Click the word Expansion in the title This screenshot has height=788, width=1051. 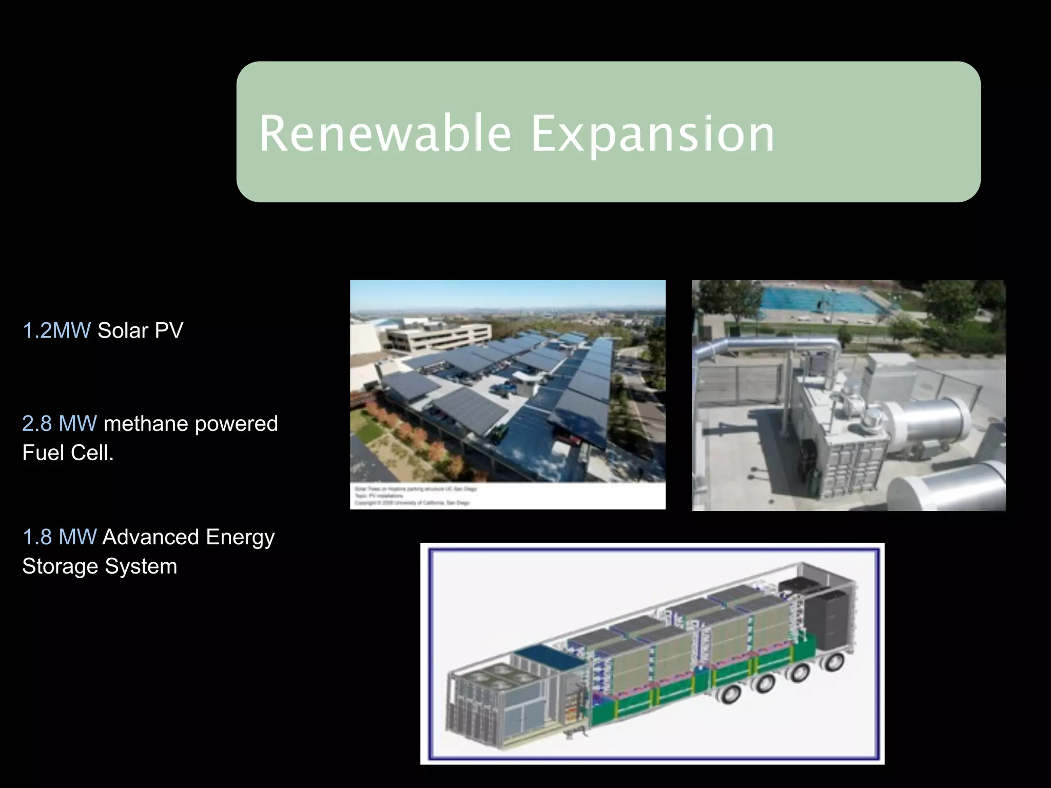(653, 134)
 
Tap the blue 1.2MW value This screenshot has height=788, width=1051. (56, 330)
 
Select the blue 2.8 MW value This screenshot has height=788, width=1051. (60, 424)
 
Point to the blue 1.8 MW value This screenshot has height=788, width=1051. (60, 537)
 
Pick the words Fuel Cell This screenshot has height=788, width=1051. (68, 453)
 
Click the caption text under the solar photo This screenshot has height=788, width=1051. (416, 496)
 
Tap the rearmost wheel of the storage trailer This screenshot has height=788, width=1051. (831, 662)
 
